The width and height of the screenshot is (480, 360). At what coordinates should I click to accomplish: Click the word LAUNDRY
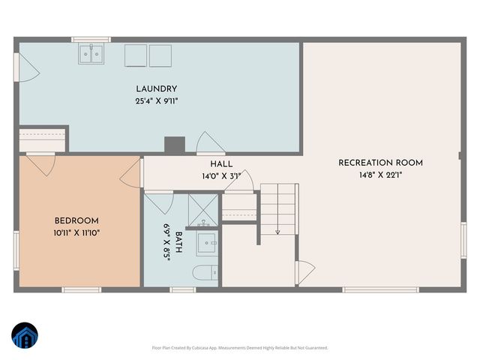tap(156, 88)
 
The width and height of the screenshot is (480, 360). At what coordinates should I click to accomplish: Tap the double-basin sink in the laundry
tap(92, 53)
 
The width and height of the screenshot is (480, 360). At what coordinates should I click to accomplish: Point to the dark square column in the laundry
tap(174, 145)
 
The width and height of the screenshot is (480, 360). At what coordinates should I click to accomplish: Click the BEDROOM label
tap(76, 220)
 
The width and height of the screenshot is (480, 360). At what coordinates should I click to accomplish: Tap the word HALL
tap(221, 164)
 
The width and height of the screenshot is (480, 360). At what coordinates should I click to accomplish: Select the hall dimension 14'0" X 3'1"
tap(221, 176)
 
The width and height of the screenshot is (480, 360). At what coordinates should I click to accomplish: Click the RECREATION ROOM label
tap(380, 163)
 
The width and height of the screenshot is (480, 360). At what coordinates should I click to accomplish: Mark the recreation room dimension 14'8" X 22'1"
tap(380, 175)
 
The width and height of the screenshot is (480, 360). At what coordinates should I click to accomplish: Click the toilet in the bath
tap(204, 272)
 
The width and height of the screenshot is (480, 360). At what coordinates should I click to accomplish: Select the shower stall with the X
tap(203, 208)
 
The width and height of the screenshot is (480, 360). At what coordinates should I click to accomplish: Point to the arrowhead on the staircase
tap(277, 232)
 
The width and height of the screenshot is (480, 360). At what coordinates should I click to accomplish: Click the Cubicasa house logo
tap(24, 337)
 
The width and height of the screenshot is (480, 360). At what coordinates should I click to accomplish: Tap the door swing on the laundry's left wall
tap(26, 69)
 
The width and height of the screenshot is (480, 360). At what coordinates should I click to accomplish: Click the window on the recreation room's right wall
tap(463, 241)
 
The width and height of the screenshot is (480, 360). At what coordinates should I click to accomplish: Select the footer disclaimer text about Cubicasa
tap(239, 348)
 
